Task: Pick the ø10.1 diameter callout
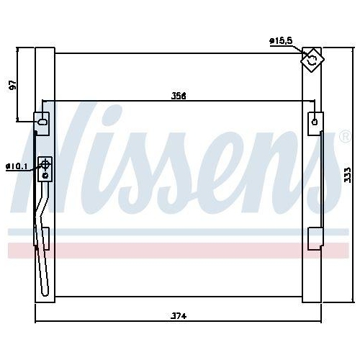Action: pos(16,167)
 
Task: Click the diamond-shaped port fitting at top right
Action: pos(312,61)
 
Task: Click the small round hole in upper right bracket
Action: pos(314,122)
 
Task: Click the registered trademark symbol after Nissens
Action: pos(344,135)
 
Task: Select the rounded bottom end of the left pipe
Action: pos(45,292)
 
